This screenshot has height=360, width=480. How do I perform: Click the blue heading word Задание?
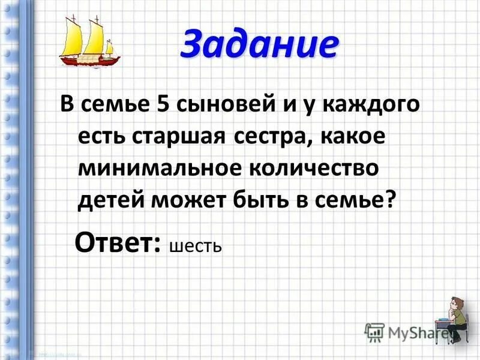click(259, 44)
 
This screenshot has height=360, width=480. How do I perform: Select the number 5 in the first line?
click(164, 106)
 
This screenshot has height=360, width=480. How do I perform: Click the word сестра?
click(276, 137)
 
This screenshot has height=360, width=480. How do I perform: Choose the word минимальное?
click(157, 168)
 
